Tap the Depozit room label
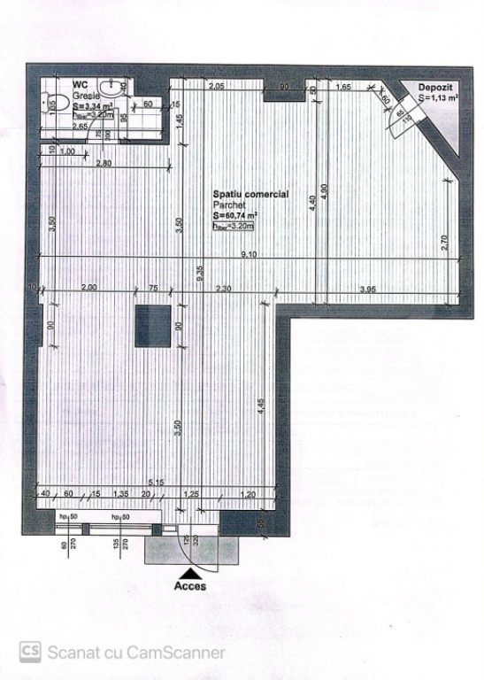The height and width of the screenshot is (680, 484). pyautogui.click(x=437, y=89)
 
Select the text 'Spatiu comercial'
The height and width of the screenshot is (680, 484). pyautogui.click(x=250, y=194)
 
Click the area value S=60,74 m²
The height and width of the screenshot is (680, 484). pyautogui.click(x=234, y=215)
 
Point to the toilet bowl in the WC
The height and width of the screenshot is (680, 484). pyautogui.click(x=111, y=87)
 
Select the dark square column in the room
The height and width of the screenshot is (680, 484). pyautogui.click(x=152, y=326)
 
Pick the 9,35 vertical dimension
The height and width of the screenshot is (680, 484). pyautogui.click(x=200, y=272)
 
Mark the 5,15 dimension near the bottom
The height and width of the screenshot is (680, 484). pyautogui.click(x=156, y=482)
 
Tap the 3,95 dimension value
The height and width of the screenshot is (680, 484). pyautogui.click(x=367, y=289)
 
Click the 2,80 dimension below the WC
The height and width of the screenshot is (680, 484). pyautogui.click(x=104, y=164)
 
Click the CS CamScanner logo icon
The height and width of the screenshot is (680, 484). pyautogui.click(x=30, y=652)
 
